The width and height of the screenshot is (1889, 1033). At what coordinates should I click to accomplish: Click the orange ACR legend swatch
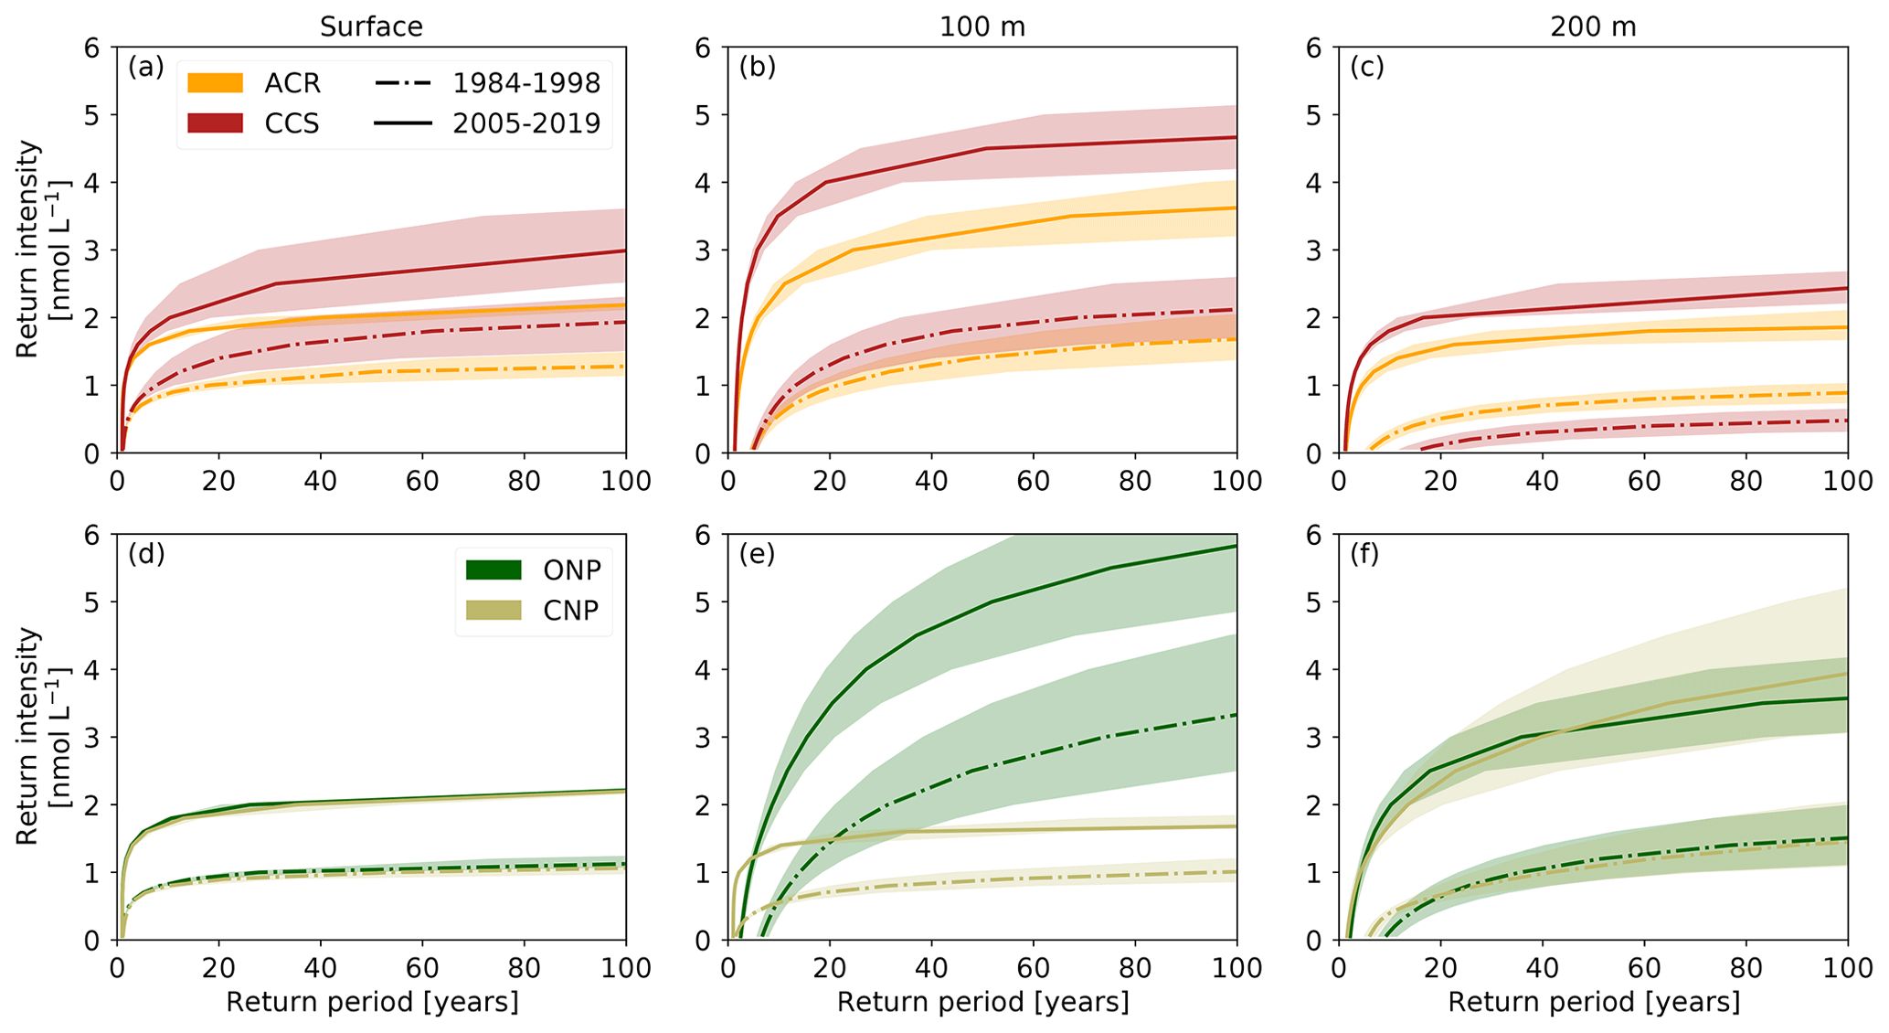[215, 83]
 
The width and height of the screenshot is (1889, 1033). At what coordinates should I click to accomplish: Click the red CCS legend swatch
[215, 122]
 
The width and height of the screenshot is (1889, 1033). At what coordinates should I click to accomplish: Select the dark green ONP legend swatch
[493, 570]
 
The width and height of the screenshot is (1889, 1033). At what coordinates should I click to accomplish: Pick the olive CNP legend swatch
[493, 610]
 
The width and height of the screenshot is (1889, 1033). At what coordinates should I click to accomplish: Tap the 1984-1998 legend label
[526, 83]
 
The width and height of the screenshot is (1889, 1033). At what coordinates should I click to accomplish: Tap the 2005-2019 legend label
[526, 122]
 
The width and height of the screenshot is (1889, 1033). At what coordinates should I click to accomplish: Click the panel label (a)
[146, 67]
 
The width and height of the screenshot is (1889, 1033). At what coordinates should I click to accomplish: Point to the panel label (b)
[758, 67]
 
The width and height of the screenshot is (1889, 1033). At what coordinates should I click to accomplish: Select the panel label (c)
[1367, 67]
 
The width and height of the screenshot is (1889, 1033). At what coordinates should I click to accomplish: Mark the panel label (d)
[146, 554]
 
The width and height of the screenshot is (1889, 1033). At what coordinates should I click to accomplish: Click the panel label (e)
[758, 554]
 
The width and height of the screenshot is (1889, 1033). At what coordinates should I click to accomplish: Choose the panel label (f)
[1367, 554]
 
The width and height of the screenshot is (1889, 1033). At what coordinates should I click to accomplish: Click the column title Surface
[371, 27]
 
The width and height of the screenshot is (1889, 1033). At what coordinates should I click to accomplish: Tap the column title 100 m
[982, 27]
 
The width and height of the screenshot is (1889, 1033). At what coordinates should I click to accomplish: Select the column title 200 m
[1593, 27]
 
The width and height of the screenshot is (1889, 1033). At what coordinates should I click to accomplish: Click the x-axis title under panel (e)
[982, 1003]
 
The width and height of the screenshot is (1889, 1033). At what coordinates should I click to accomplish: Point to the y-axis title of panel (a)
[41, 249]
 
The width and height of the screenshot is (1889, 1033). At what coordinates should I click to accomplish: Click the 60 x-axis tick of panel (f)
[1644, 967]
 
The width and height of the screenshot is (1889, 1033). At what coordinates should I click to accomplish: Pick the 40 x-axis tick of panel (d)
[321, 967]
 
